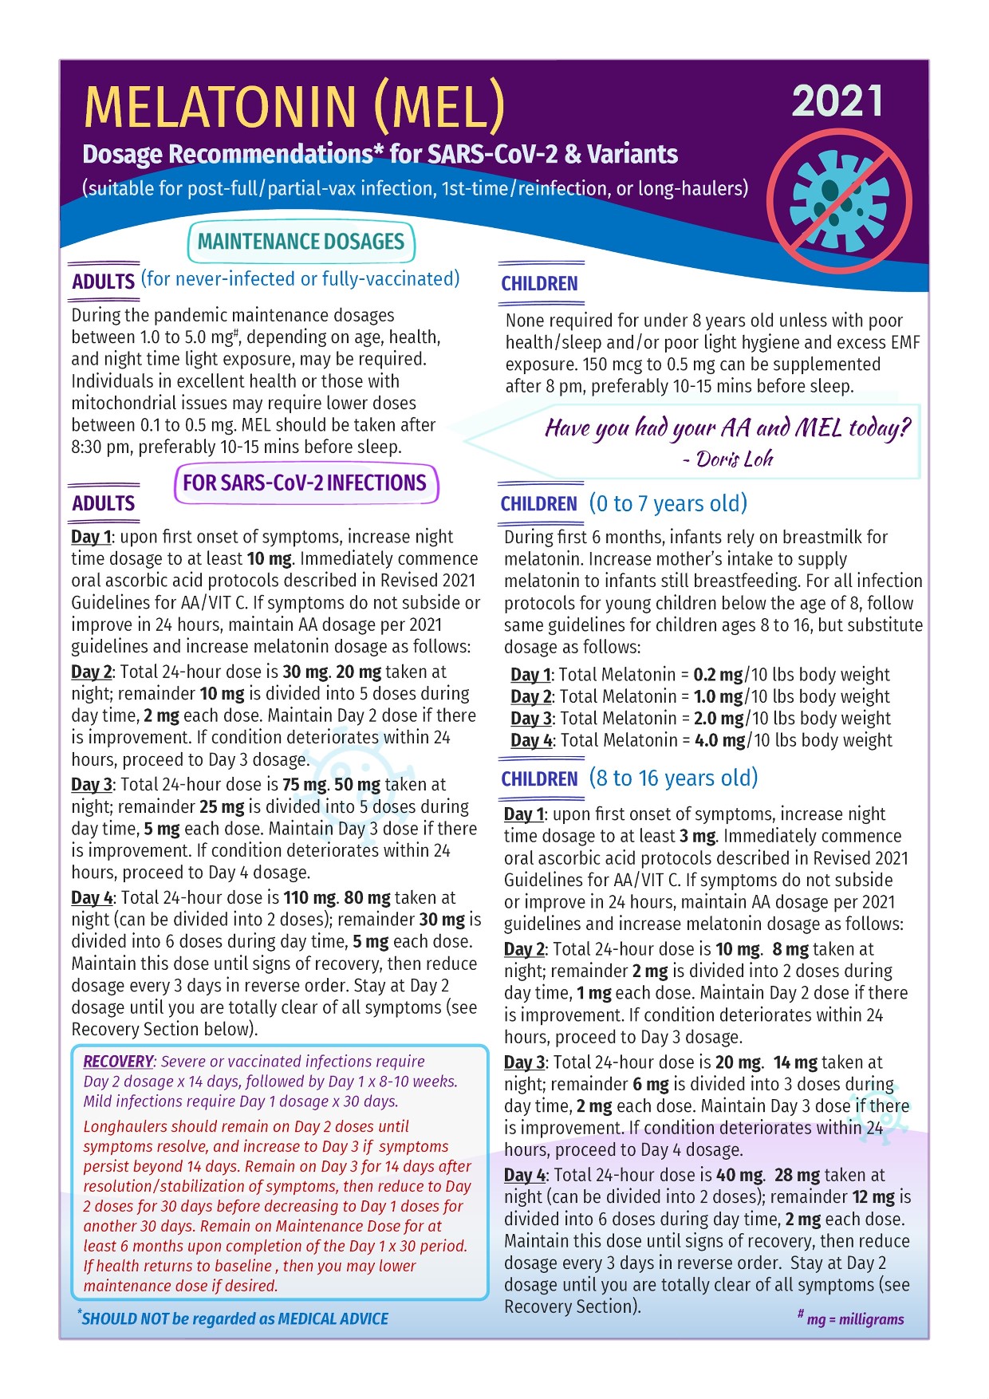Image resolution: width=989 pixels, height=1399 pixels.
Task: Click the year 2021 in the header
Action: (837, 102)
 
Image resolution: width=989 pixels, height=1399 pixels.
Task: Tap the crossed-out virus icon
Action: (839, 202)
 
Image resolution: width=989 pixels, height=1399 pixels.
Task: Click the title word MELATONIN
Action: (220, 106)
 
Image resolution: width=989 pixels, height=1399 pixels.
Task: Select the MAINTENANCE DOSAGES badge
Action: (301, 242)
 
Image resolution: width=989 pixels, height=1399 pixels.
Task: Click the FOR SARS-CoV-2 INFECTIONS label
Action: (305, 483)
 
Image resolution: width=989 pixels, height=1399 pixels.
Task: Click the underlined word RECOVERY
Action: (118, 1062)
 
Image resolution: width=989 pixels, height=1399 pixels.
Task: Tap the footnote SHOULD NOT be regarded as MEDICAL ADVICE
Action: (234, 1319)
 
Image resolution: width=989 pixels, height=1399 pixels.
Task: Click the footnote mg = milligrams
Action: (854, 1319)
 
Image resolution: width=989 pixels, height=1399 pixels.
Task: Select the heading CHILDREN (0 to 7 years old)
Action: (624, 504)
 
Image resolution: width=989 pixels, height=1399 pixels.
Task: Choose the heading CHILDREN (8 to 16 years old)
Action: (628, 778)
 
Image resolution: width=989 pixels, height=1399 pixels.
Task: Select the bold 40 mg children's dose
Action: (739, 1176)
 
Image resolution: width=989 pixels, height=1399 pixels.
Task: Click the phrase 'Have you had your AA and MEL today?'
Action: (727, 428)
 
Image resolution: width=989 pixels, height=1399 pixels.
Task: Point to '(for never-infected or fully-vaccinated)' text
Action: (301, 279)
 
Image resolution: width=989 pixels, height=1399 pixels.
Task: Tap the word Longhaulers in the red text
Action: (127, 1127)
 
